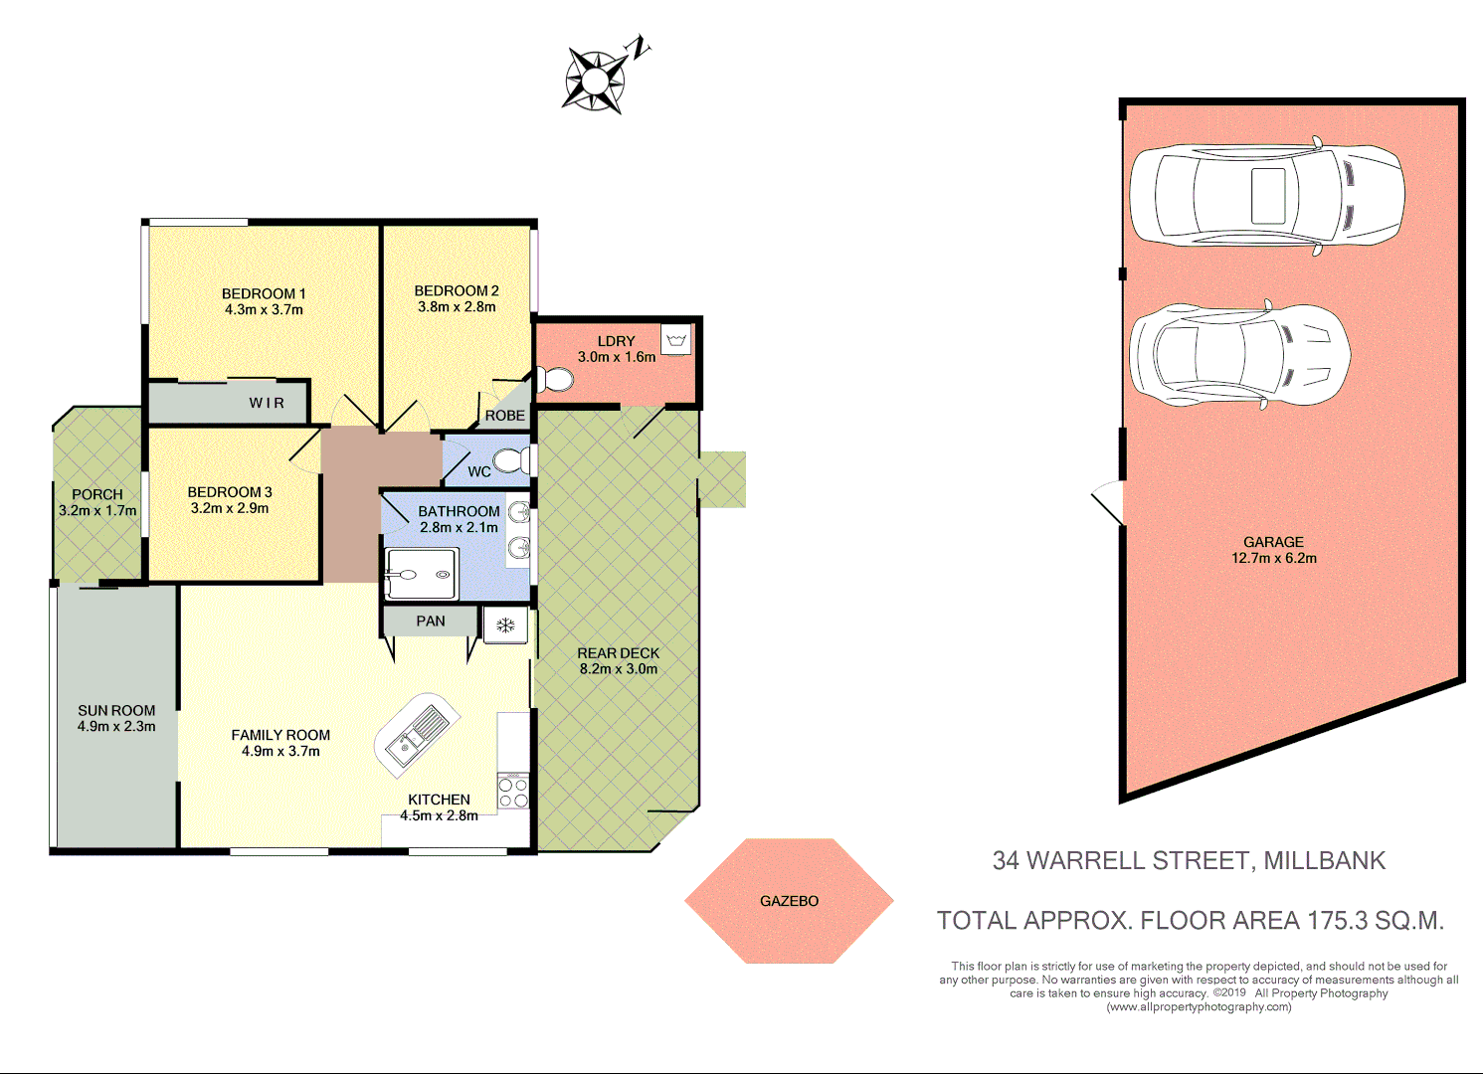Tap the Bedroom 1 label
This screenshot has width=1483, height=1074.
pyautogui.click(x=264, y=293)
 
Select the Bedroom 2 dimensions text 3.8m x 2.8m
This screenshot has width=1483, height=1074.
pyautogui.click(x=457, y=307)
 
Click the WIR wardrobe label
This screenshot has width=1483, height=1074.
pyautogui.click(x=267, y=403)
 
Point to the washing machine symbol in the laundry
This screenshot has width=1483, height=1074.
pyautogui.click(x=676, y=340)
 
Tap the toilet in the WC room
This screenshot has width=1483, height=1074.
pyautogui.click(x=511, y=459)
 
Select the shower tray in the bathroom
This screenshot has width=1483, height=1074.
pyautogui.click(x=420, y=575)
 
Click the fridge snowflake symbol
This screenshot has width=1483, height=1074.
pyautogui.click(x=505, y=625)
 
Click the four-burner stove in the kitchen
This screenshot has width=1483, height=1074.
pyautogui.click(x=513, y=792)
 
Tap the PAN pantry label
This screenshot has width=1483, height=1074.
pyautogui.click(x=431, y=622)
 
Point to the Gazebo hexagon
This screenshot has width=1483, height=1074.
pyautogui.click(x=789, y=901)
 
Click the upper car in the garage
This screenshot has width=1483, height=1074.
pyautogui.click(x=1266, y=195)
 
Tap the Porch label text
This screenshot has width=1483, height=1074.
pyautogui.click(x=97, y=494)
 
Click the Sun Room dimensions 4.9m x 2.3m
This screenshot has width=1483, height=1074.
pyautogui.click(x=116, y=727)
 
